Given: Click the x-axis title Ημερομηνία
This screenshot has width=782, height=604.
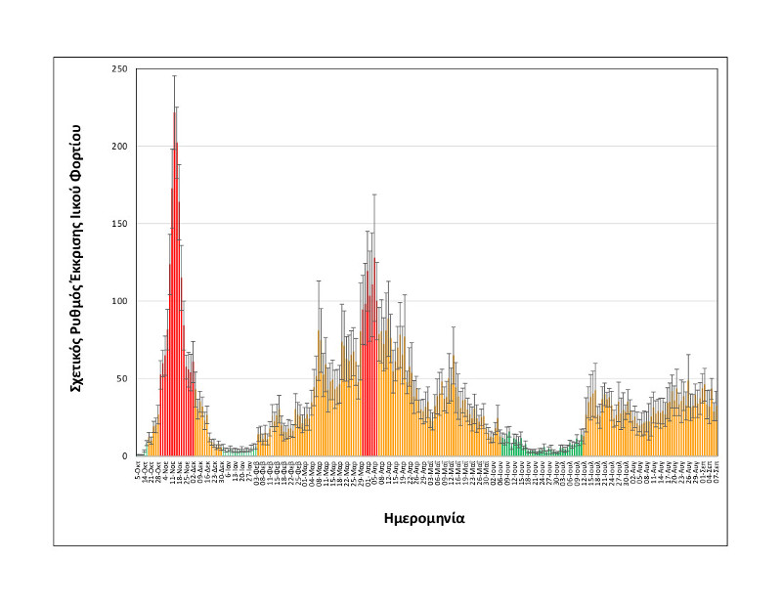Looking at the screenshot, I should (423, 518).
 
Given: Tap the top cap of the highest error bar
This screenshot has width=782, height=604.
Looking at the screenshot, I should (174, 75).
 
